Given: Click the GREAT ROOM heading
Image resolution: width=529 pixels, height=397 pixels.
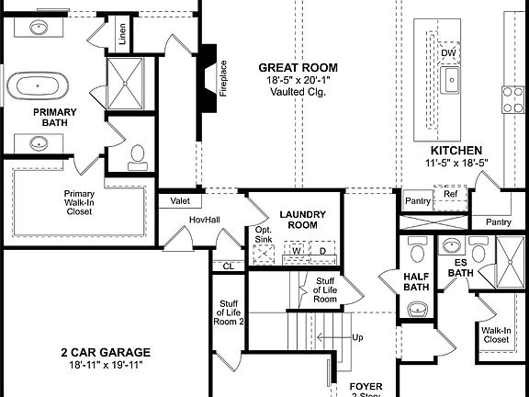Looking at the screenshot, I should click(x=297, y=67).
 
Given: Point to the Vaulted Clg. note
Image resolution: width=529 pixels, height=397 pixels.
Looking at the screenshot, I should click(x=297, y=93).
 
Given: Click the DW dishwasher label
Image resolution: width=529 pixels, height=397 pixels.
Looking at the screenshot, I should click(x=448, y=53).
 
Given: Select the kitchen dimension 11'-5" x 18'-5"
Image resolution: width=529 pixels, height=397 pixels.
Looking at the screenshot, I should click(x=456, y=164).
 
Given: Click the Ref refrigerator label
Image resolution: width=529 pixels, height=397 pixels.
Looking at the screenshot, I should click(x=450, y=194).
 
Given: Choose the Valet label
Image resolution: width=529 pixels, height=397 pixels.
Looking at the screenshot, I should click(x=180, y=201).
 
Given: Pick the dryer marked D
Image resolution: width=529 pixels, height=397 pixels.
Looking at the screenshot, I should click(x=322, y=250).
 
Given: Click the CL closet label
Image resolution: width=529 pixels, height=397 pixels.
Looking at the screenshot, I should click(x=227, y=267).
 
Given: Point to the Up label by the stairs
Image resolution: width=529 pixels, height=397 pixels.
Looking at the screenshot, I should click(x=357, y=337).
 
